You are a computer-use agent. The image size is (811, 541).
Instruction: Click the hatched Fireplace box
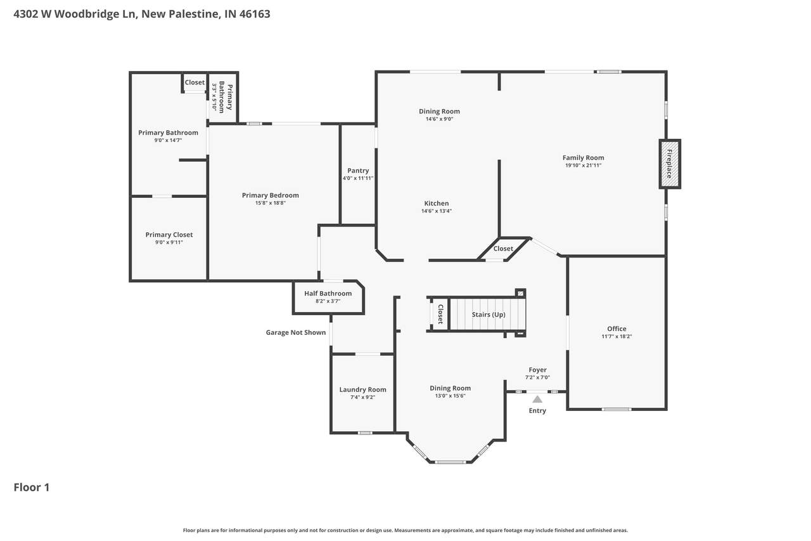670,164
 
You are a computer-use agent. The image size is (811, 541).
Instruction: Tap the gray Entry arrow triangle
537,400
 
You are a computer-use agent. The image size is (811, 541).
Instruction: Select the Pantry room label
358,171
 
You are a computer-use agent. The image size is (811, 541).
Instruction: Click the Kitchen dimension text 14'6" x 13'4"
437,211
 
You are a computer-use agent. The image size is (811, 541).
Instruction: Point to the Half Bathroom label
328,293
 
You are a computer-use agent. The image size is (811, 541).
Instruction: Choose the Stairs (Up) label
489,315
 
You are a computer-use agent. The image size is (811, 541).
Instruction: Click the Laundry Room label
363,389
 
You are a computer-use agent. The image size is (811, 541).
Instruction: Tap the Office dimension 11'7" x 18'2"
616,336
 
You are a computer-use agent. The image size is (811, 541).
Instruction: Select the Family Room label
584,158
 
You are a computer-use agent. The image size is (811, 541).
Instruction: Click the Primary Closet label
169,235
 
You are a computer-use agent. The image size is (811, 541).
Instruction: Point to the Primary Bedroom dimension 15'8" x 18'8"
271,203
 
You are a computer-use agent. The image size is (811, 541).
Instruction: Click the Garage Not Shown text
296,332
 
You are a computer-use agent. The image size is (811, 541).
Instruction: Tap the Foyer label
538,370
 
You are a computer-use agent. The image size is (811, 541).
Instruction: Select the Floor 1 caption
32,487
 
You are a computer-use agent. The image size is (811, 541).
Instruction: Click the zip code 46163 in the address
255,14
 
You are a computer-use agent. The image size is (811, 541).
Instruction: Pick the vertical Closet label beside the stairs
440,314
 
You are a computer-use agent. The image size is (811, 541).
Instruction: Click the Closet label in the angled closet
503,249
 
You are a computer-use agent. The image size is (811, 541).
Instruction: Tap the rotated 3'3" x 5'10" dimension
214,97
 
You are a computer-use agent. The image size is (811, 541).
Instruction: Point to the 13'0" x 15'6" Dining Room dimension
450,396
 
